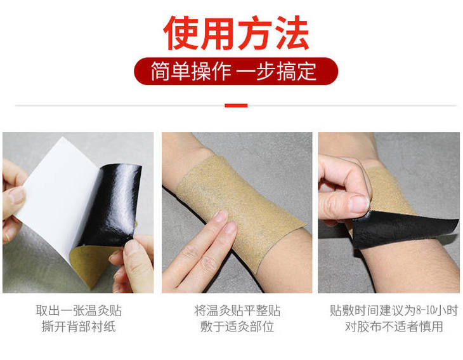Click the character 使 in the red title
[181, 32]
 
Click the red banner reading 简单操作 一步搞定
[236, 71]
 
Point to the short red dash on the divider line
[236, 105]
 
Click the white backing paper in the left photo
[59, 195]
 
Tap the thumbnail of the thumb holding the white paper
[17, 196]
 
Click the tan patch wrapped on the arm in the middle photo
[240, 207]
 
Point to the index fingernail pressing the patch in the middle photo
[220, 216]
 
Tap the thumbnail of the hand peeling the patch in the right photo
[359, 204]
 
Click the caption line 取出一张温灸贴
[79, 310]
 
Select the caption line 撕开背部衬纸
[79, 326]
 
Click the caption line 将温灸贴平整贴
[237, 310]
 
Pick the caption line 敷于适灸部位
[237, 326]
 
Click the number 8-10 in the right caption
[425, 310]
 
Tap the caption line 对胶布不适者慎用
[394, 326]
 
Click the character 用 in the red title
[218, 32]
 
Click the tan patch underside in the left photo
[91, 263]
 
